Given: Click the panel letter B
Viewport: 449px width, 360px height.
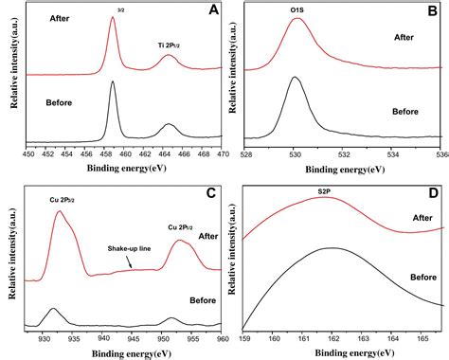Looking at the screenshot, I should tap(434, 13).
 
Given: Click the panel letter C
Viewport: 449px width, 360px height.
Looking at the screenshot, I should tap(210, 194).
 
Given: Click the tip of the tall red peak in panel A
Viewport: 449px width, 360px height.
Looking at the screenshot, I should tap(113, 18).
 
